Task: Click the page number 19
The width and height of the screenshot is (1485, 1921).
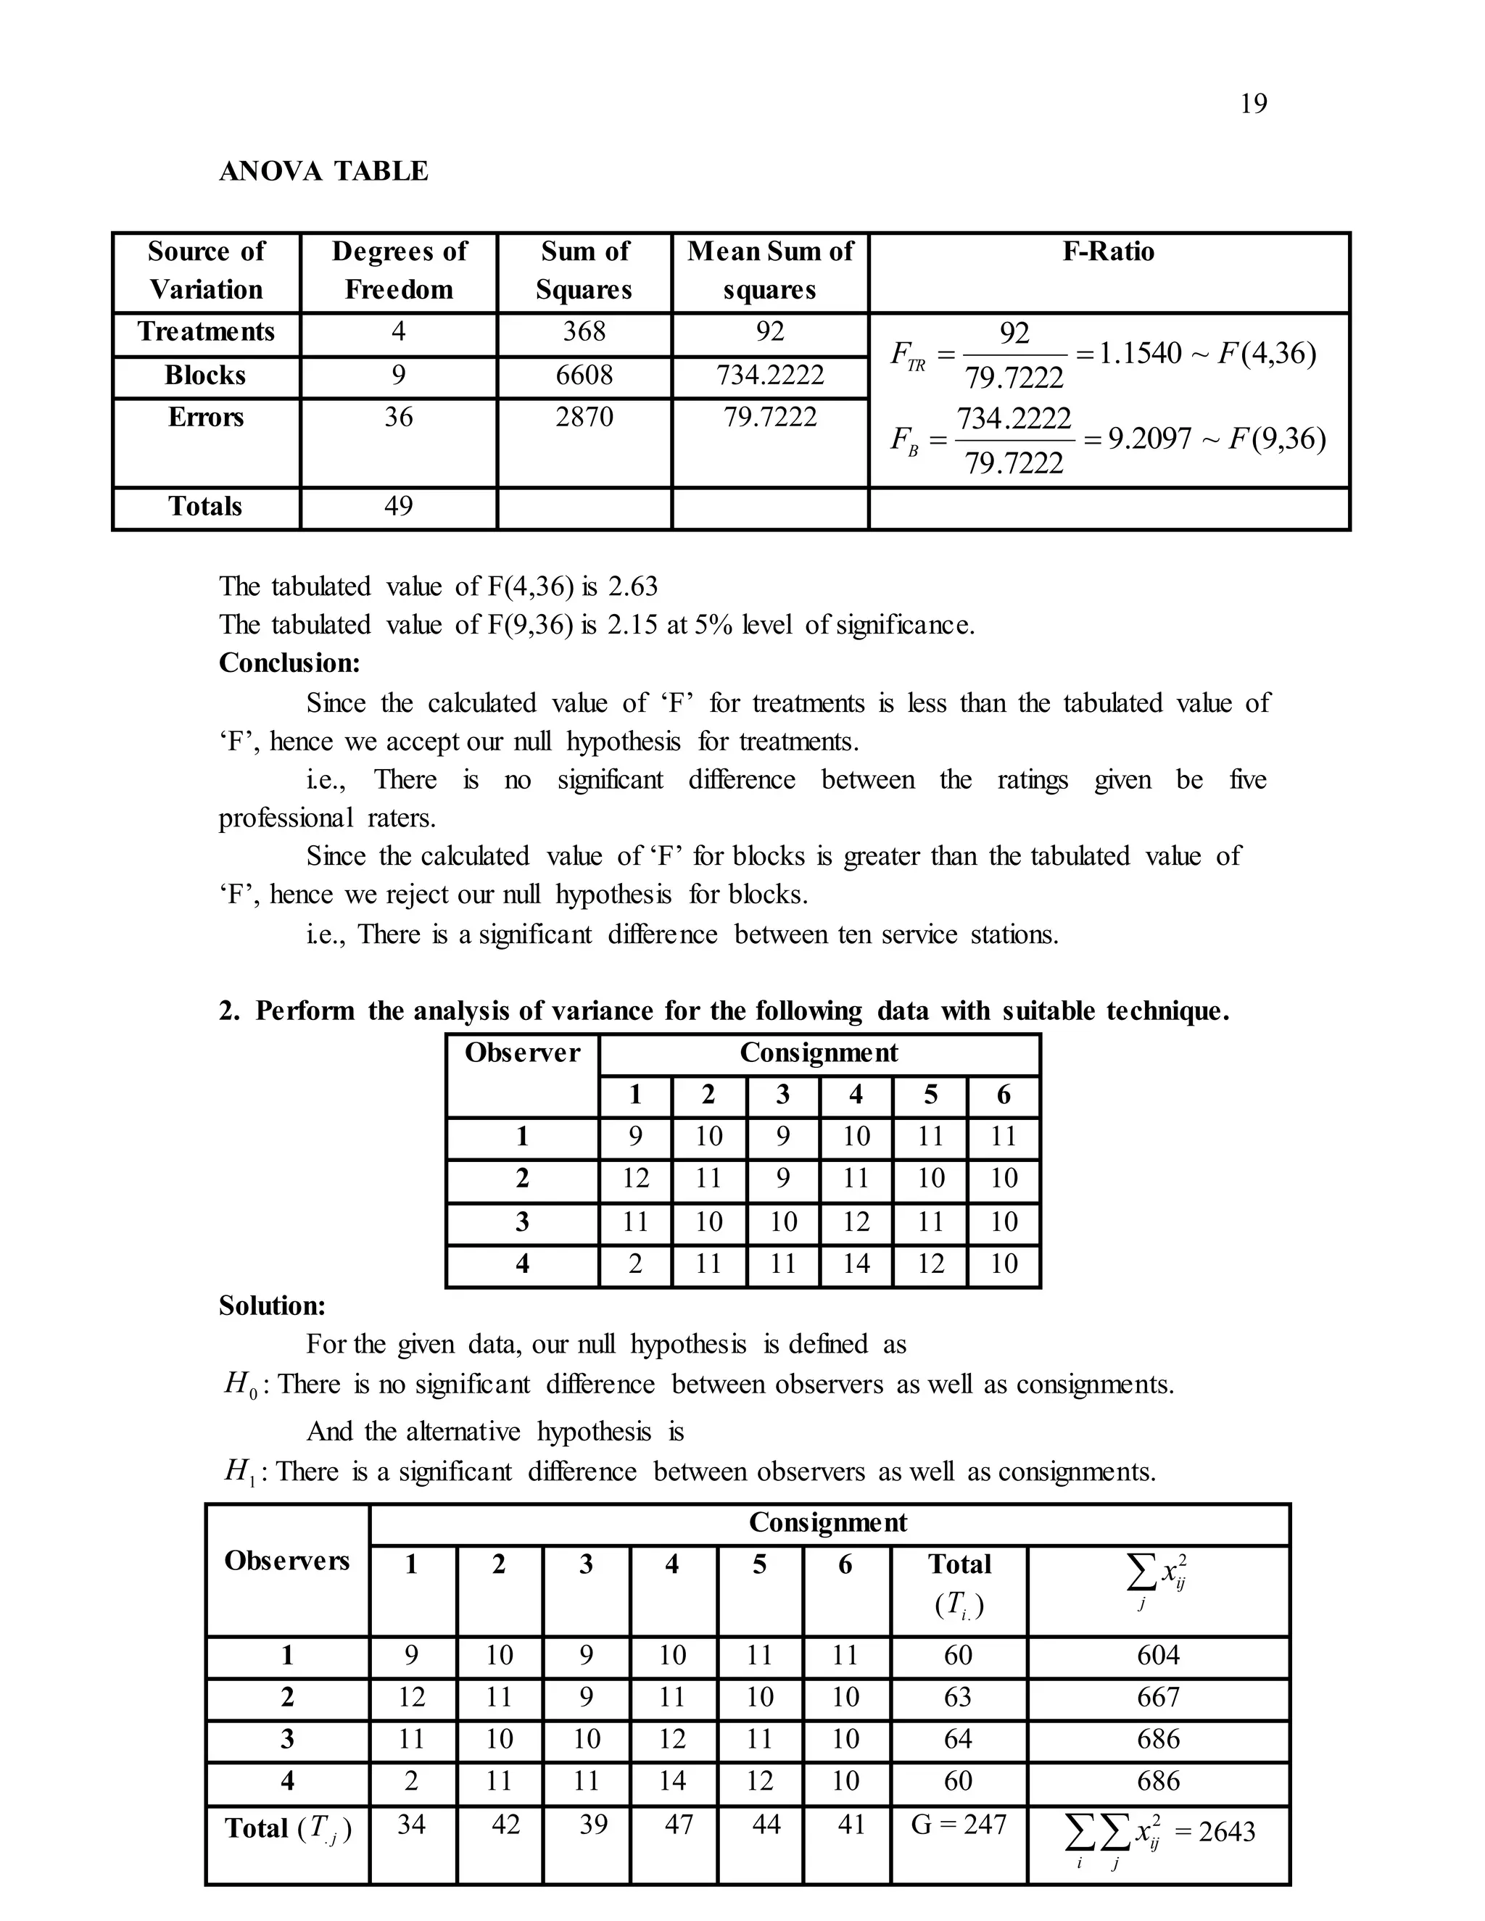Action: pyautogui.click(x=1253, y=104)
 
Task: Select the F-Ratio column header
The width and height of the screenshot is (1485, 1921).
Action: pyautogui.click(x=1108, y=252)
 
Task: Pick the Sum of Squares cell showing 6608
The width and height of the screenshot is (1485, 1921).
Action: pyautogui.click(x=584, y=376)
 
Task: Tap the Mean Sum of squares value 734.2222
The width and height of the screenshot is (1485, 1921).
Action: pyautogui.click(x=770, y=376)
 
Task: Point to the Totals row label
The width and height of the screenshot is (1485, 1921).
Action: pyautogui.click(x=205, y=507)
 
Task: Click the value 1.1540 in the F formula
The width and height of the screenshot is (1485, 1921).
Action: pyautogui.click(x=1140, y=354)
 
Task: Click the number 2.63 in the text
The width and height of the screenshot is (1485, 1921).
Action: pyautogui.click(x=632, y=586)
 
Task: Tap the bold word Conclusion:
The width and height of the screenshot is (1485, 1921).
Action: pyautogui.click(x=289, y=663)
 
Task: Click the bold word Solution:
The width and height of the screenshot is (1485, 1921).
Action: pyautogui.click(x=272, y=1306)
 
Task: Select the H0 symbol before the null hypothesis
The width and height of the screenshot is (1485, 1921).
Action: pyautogui.click(x=240, y=1385)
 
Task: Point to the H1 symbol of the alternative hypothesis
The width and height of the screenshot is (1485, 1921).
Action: pyautogui.click(x=239, y=1472)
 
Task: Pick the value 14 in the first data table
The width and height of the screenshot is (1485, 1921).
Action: pyautogui.click(x=855, y=1264)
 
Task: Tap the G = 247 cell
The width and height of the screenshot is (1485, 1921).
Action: pyautogui.click(x=958, y=1825)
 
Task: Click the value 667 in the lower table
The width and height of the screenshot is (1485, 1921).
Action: pyautogui.click(x=1158, y=1697)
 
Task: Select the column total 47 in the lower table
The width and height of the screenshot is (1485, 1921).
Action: pyautogui.click(x=678, y=1825)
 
